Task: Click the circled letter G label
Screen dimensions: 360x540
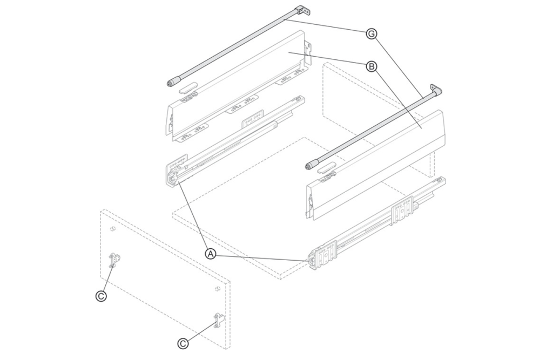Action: coord(370,34)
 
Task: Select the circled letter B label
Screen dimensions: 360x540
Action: coord(370,66)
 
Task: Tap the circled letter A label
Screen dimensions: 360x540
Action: coord(211,253)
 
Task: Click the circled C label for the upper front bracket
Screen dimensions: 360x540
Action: coord(101,295)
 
